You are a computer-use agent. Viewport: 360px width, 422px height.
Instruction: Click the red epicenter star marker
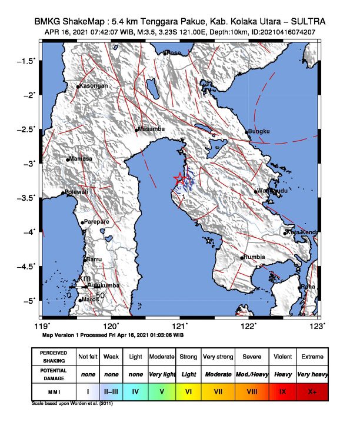(x=180, y=178)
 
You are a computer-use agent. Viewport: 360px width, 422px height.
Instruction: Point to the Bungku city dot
(x=247, y=132)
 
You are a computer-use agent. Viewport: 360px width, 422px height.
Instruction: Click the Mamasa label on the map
(x=81, y=159)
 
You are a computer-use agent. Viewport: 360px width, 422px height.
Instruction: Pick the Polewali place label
(x=76, y=192)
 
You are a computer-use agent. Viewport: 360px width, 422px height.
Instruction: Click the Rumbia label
(x=255, y=257)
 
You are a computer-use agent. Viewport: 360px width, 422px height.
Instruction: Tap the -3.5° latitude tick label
(x=27, y=198)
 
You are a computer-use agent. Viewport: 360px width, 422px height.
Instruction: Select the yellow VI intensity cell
(x=188, y=391)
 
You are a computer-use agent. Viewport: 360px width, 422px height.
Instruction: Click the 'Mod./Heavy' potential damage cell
(x=251, y=374)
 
